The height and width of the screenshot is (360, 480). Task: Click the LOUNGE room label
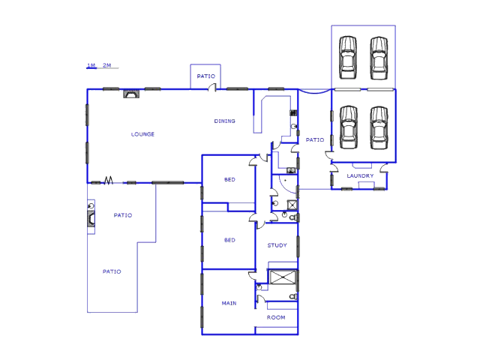(142, 134)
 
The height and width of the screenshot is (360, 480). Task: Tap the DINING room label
(225, 121)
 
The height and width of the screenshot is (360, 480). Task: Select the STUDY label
(277, 245)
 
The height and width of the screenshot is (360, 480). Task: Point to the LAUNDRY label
(360, 175)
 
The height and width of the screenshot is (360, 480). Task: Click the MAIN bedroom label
(229, 303)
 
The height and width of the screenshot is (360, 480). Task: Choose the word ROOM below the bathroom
(276, 317)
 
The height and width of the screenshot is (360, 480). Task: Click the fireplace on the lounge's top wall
(131, 94)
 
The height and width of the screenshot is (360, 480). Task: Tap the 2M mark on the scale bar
(106, 65)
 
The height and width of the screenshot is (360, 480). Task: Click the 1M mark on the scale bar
(91, 65)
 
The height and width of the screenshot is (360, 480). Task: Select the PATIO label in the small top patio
(206, 76)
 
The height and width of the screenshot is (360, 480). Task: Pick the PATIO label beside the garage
(315, 139)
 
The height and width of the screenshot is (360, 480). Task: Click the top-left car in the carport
(348, 58)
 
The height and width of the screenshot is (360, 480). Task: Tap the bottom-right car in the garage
(379, 127)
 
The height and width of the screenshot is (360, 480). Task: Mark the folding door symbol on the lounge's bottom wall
(108, 180)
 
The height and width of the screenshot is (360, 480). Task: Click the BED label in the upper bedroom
(229, 179)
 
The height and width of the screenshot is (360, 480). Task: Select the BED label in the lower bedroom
(229, 240)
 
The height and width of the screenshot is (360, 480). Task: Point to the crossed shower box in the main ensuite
(283, 277)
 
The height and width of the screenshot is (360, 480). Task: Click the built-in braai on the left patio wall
(91, 219)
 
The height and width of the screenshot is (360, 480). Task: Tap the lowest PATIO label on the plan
(112, 271)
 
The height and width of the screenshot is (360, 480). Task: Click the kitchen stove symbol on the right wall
(293, 112)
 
